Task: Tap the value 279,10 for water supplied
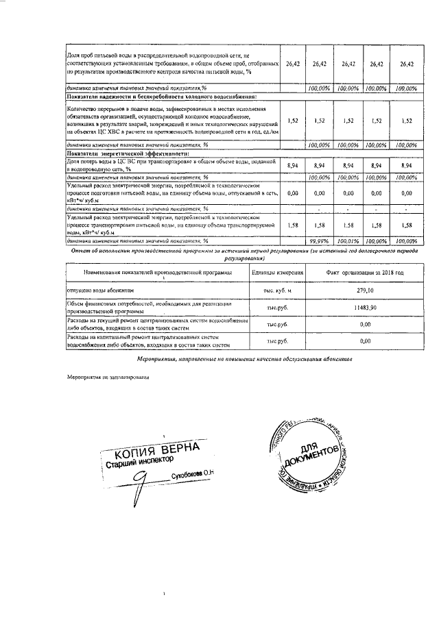(364, 290)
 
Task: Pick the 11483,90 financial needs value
(364, 308)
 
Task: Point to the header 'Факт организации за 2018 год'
(364, 273)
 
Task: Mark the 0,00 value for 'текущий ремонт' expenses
(364, 324)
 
